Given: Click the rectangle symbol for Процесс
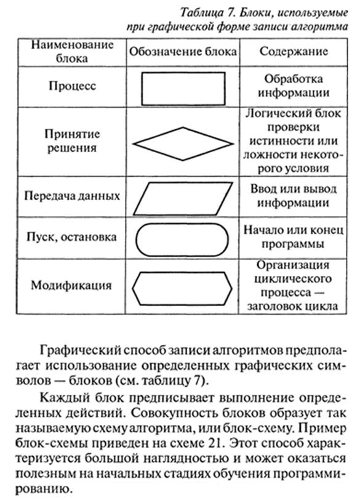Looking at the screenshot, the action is [x=183, y=73].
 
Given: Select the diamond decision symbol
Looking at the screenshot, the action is [x=158, y=135].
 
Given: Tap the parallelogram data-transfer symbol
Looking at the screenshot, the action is [x=183, y=183].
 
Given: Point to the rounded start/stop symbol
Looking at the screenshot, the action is [x=182, y=224].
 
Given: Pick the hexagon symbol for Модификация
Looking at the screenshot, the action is [x=182, y=273].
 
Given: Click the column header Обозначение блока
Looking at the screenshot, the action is [x=183, y=52].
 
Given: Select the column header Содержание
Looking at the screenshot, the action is [x=294, y=51].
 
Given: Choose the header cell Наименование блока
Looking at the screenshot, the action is [x=72, y=51].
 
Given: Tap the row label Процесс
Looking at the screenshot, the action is [x=73, y=86].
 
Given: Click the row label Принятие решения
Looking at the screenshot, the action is [x=72, y=140].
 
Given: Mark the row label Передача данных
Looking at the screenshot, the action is [x=72, y=195].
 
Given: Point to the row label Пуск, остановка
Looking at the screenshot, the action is [x=71, y=237].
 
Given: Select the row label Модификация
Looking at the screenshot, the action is [x=71, y=284].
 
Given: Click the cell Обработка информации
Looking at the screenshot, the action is [x=294, y=86].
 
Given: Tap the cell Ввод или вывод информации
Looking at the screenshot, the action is [x=294, y=195].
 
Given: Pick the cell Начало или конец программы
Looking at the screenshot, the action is [x=294, y=237].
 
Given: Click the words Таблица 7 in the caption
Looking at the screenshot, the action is [x=207, y=12].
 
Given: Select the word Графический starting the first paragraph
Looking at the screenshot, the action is [x=81, y=350].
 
